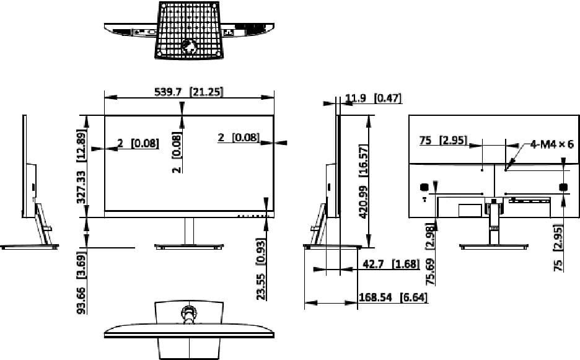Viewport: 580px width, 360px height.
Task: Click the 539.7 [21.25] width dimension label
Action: (x=188, y=91)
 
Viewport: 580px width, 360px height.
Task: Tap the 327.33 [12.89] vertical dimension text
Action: (x=81, y=167)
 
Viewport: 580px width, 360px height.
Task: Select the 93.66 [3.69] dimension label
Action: (x=81, y=283)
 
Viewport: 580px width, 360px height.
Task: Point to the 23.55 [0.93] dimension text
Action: (x=261, y=269)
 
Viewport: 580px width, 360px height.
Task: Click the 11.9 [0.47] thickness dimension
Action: (x=373, y=98)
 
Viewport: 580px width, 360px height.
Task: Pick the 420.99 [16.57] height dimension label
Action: (x=364, y=182)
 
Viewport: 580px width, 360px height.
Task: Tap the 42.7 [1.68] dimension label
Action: (x=392, y=264)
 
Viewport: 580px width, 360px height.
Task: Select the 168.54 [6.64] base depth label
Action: (x=393, y=297)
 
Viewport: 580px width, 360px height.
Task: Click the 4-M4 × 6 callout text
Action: (x=551, y=144)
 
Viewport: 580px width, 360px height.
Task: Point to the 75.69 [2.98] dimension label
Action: (x=430, y=254)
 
